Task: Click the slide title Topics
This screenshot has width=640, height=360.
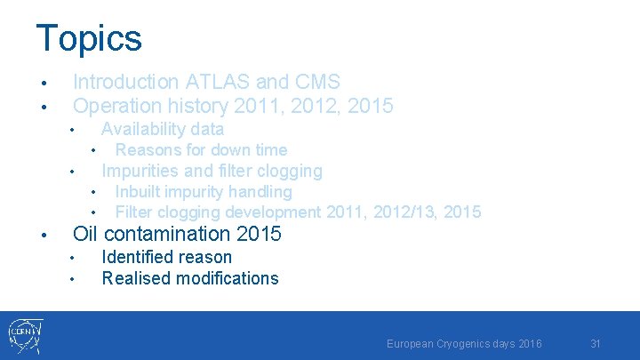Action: (x=89, y=38)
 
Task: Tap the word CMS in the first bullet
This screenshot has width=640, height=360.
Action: (x=318, y=82)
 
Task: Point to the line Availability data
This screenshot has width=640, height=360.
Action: (x=163, y=129)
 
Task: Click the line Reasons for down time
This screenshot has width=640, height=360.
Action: (x=201, y=149)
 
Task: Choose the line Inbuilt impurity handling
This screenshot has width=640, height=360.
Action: (x=204, y=191)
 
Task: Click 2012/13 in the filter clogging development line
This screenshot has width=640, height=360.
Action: (x=391, y=212)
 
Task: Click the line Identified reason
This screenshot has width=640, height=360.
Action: (x=167, y=257)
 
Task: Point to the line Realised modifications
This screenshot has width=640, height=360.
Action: (x=190, y=278)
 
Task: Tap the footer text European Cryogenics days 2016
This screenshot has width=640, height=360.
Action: (x=464, y=343)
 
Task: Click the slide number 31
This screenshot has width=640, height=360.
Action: (x=596, y=343)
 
